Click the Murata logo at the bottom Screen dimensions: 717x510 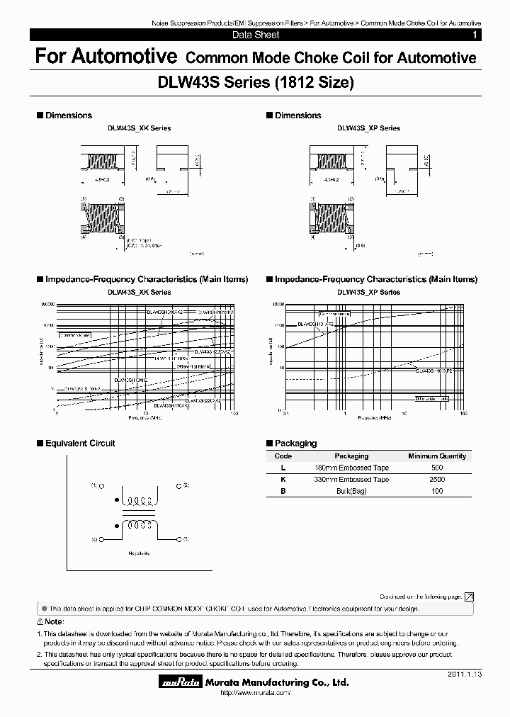coord(179,682)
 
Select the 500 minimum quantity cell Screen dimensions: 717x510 coord(437,468)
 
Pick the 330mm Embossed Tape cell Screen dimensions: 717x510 coord(351,480)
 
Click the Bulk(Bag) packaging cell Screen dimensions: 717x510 coord(351,491)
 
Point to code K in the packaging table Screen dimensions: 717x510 coord(283,480)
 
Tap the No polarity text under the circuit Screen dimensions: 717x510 coord(142,553)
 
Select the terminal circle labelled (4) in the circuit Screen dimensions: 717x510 coord(103,540)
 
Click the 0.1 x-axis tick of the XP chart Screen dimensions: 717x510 coord(284,413)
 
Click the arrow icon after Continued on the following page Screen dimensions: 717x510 coord(469,597)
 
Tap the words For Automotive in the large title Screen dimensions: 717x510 coord(106,57)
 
